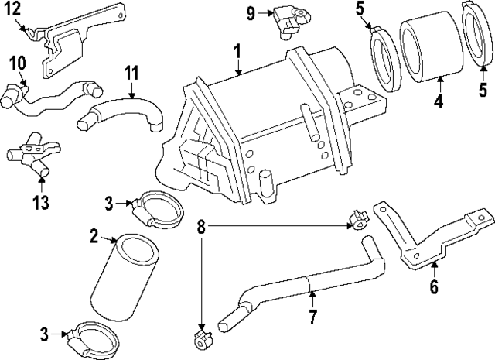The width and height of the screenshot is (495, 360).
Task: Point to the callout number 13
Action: [40, 203]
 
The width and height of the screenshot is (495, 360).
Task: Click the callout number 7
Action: [312, 317]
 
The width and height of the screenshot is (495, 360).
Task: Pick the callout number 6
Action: [434, 287]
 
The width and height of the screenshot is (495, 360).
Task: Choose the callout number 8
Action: [201, 227]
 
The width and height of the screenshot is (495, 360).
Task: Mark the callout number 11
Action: [131, 74]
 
